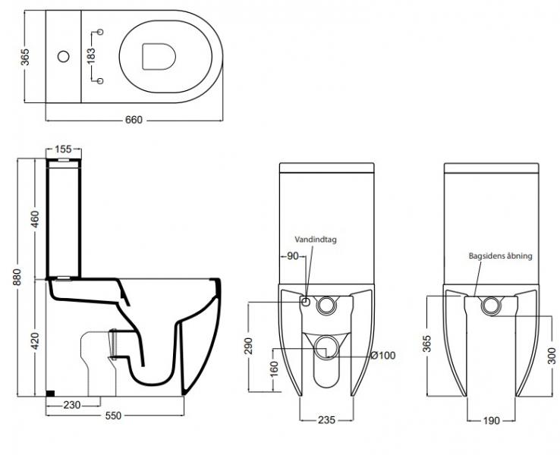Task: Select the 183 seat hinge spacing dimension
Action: [x=91, y=55]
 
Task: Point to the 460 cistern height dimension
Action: [x=34, y=217]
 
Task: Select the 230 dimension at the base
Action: [x=73, y=405]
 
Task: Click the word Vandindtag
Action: [x=317, y=239]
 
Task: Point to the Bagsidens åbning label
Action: [x=501, y=256]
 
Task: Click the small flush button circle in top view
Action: [x=64, y=55]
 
